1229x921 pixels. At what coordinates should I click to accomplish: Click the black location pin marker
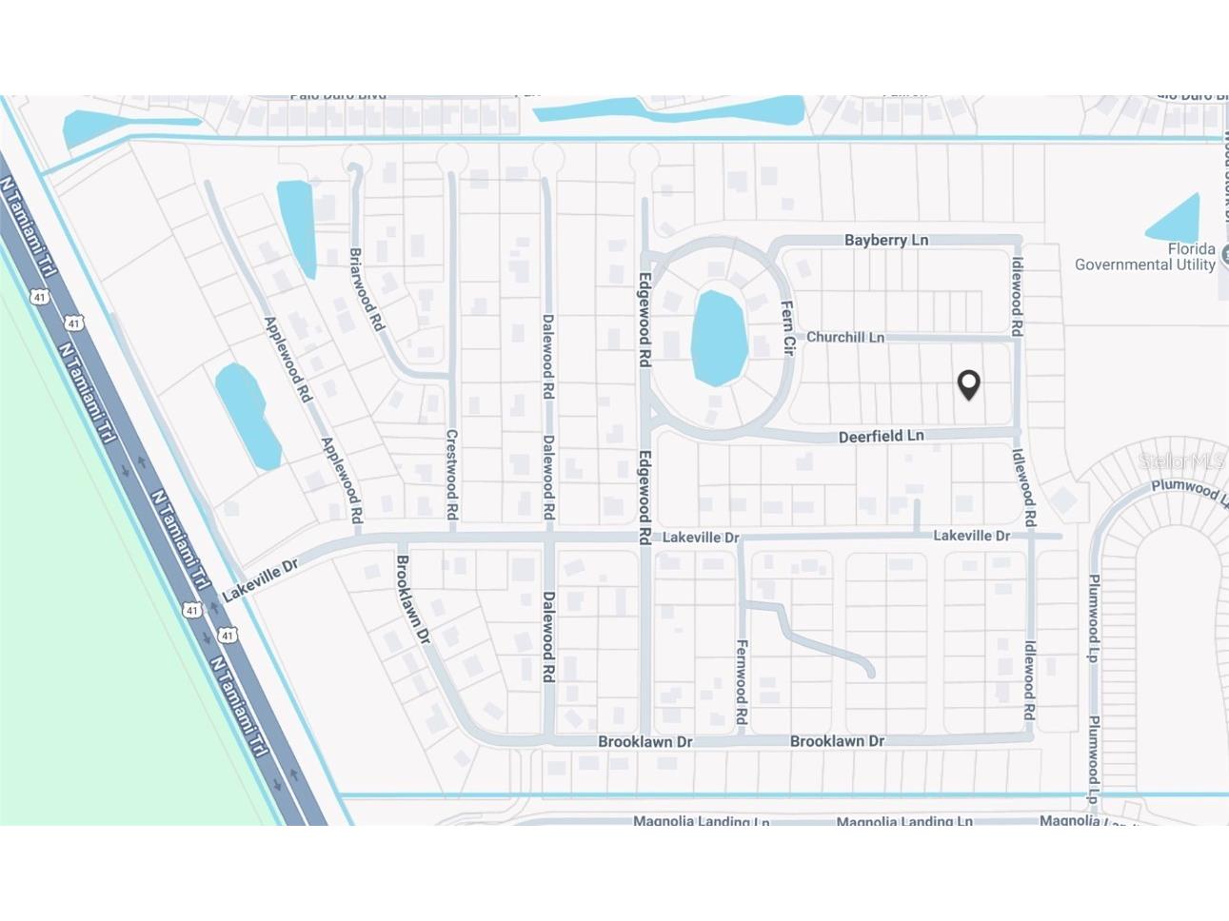coord(968,384)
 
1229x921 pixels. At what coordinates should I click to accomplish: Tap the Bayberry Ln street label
coord(885,240)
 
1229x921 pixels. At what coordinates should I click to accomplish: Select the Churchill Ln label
coord(844,337)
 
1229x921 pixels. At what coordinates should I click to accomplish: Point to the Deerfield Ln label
coord(881,436)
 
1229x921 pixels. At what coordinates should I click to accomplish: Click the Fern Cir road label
coord(787,327)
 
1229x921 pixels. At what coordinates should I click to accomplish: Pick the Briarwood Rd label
coord(367,289)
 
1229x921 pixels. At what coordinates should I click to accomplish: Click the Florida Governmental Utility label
coord(1145,257)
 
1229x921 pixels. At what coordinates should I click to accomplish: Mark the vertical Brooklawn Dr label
coord(413,599)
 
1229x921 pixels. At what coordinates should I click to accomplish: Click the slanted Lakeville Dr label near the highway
coord(260,579)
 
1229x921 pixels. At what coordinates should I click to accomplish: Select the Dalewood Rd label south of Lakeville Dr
coord(548,637)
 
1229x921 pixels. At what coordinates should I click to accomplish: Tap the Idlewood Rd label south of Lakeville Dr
coord(1029,679)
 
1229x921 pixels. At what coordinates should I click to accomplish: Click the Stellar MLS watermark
coord(1181,461)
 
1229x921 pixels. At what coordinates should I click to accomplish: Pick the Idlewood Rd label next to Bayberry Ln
coord(1017,296)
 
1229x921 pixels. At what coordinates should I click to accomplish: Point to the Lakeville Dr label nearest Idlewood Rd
coord(971,536)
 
